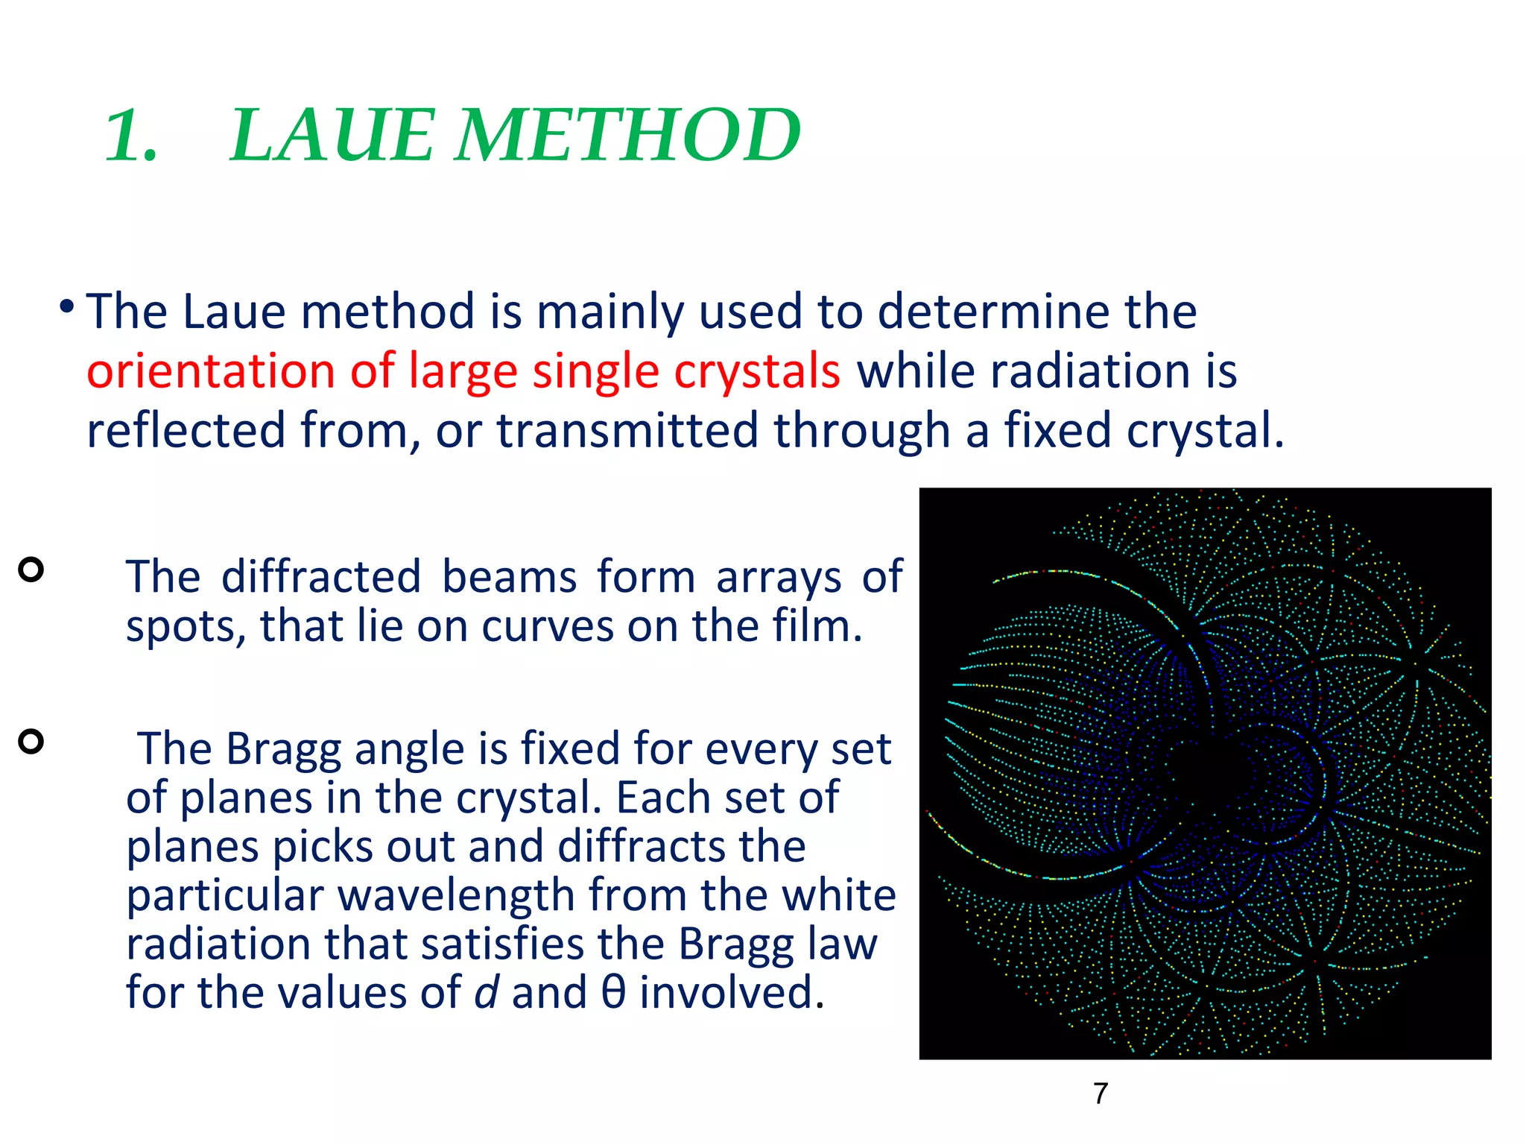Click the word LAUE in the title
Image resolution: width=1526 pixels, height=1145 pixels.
pos(332,136)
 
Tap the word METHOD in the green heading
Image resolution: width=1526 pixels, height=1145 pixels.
pos(627,136)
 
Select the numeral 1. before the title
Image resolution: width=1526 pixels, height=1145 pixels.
pos(131,136)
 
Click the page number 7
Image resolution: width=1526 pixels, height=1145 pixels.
pos(1101,1094)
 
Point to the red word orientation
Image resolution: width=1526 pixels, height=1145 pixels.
pos(211,371)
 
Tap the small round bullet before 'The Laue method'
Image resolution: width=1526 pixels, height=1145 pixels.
pos(67,306)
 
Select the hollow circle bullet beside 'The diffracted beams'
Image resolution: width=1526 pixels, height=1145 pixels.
pos(31,570)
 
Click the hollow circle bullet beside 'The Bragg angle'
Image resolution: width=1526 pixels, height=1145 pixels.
pos(31,742)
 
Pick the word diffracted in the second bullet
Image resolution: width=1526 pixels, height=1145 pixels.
pos(321,577)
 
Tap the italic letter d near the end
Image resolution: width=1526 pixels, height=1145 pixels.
pos(485,993)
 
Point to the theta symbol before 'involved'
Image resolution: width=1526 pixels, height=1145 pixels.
pos(612,993)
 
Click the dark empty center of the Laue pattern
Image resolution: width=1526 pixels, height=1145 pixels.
pos(1211,775)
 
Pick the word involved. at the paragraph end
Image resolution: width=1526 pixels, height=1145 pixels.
pos(732,993)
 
